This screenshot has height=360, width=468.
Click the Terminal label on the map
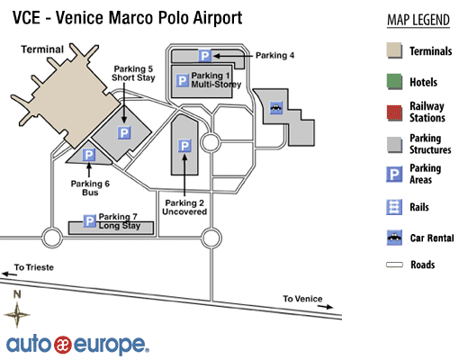(42, 49)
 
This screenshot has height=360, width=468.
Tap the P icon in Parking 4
(205, 56)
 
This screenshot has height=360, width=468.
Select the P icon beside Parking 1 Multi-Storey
(182, 81)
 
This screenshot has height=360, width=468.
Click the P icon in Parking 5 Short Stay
(124, 132)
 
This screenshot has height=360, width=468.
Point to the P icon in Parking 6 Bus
(89, 155)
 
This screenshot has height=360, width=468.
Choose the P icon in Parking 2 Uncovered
(184, 146)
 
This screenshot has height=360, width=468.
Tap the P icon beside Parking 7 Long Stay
(89, 221)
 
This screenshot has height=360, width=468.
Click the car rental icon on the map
(276, 107)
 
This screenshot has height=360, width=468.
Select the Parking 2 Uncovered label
(184, 207)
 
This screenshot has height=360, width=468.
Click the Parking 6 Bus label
(90, 188)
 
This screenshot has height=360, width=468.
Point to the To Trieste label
(34, 267)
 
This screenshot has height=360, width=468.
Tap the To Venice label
(302, 299)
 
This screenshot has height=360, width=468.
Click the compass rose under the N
(17, 315)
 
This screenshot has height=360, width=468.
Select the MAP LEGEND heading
(418, 21)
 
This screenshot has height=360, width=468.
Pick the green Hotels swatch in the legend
(394, 81)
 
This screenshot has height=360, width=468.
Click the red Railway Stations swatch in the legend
(394, 112)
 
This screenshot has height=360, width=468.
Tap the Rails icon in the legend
(394, 207)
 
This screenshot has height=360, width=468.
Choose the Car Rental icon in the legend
(394, 238)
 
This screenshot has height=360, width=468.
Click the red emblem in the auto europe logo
(63, 345)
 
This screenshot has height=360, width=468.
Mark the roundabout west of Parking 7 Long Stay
(52, 238)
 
